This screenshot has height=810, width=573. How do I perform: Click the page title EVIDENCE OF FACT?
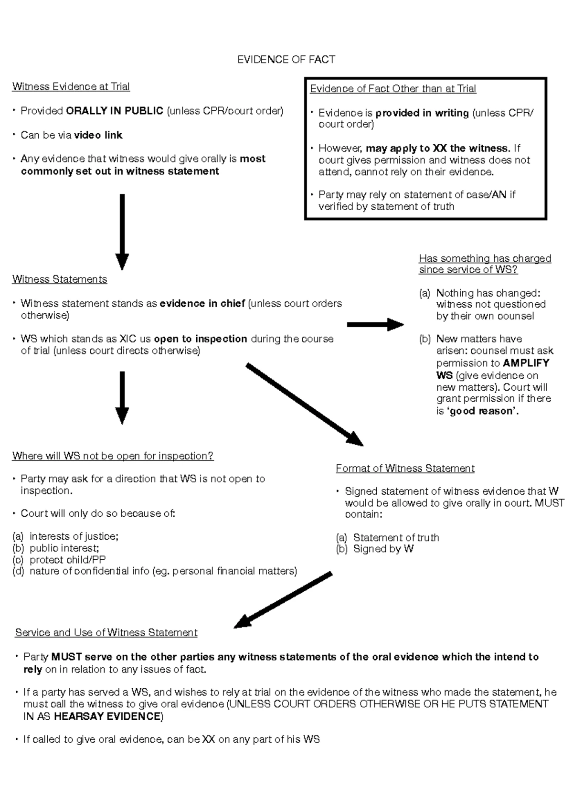[x=286, y=60]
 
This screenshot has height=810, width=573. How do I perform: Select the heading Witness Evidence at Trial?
[x=71, y=86]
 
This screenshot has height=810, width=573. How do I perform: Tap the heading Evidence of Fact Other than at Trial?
[x=393, y=89]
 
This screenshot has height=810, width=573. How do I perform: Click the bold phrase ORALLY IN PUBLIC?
[x=115, y=111]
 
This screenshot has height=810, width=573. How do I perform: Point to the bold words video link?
[x=98, y=135]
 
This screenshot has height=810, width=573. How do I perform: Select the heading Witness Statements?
[x=60, y=279]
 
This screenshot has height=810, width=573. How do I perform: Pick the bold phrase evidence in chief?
[x=202, y=304]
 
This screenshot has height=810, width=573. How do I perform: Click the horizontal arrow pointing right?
[x=375, y=325]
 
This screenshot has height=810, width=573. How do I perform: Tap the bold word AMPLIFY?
[x=526, y=363]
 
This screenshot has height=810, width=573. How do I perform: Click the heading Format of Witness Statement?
[x=405, y=469]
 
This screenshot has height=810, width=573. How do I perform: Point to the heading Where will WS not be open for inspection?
[x=113, y=456]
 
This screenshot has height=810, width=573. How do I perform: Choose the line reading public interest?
[x=64, y=548]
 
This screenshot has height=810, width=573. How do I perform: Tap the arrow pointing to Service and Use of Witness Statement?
[x=283, y=600]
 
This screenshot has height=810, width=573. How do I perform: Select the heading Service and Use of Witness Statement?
[x=106, y=633]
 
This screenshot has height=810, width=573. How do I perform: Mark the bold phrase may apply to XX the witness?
[x=437, y=149]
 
